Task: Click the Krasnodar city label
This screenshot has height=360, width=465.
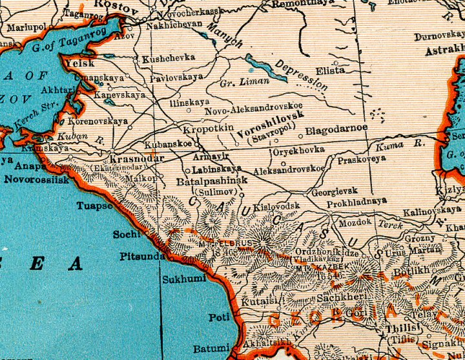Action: [x=134, y=159]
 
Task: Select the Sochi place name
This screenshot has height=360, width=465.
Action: [x=127, y=234]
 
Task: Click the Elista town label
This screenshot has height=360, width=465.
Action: [x=330, y=70]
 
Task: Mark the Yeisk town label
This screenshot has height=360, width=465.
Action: [x=79, y=63]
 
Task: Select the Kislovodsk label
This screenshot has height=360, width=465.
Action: [x=276, y=206]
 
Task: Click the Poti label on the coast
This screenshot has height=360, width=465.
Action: [x=216, y=317]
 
